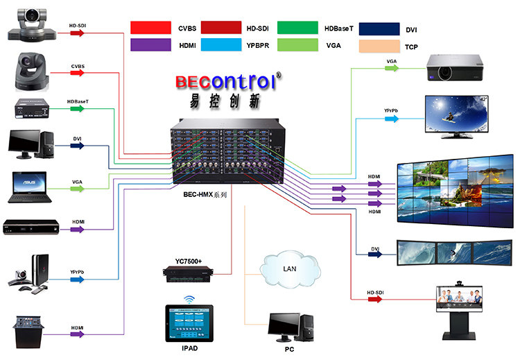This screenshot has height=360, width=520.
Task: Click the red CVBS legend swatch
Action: tap(151, 28)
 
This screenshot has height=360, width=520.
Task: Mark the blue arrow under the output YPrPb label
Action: tap(391, 119)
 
